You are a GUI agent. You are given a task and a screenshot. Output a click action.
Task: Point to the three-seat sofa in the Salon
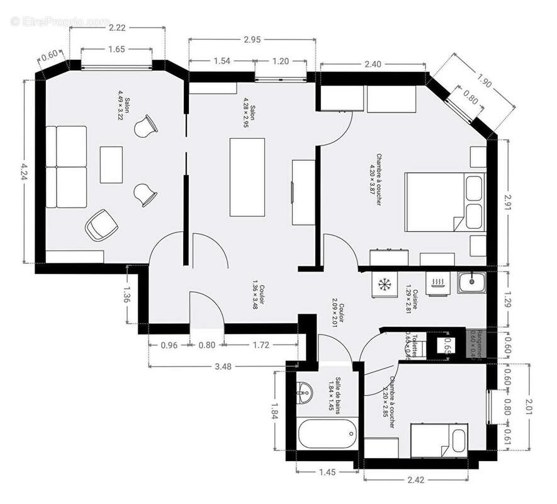tap(65, 166)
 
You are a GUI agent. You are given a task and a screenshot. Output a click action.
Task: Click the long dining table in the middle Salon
tap(247, 177)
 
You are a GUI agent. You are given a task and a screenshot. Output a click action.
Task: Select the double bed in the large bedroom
tap(444, 202)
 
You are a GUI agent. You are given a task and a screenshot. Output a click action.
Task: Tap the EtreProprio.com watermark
tap(60, 21)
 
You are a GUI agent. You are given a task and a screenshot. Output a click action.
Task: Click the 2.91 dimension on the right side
tap(509, 202)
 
